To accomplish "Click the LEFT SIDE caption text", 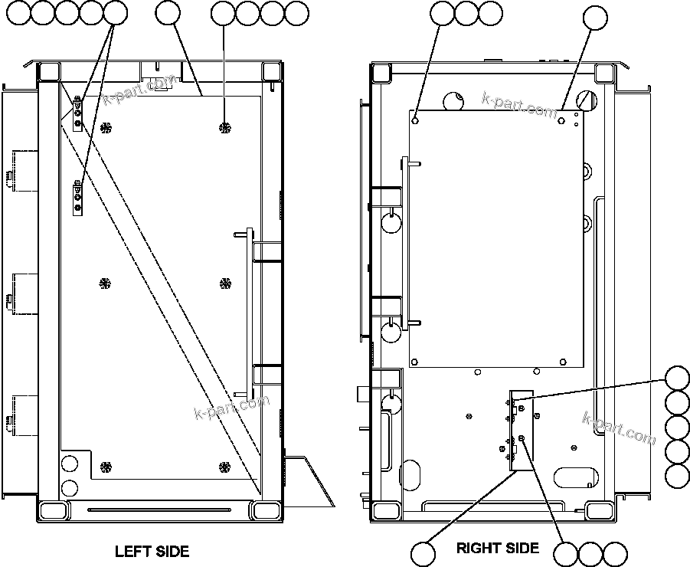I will pos(152,551).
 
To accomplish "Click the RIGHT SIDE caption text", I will pos(498,548).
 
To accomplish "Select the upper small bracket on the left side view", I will pos(77,113).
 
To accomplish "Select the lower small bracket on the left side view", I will pos(77,198).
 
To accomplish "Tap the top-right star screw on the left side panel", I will pos(224,126).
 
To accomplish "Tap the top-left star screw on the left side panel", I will pos(106,126).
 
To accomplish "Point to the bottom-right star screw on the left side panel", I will pos(224,467).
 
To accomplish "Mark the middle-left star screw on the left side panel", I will pos(106,283).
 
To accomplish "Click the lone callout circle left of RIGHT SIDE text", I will pos(423,552).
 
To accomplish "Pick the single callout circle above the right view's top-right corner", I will pos(595,18).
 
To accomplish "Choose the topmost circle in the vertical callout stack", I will pos(677,379).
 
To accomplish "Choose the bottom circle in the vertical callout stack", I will pos(677,475).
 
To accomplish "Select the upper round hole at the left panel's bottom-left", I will pos(70,463).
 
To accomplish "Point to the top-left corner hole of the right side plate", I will pos(415,119).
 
